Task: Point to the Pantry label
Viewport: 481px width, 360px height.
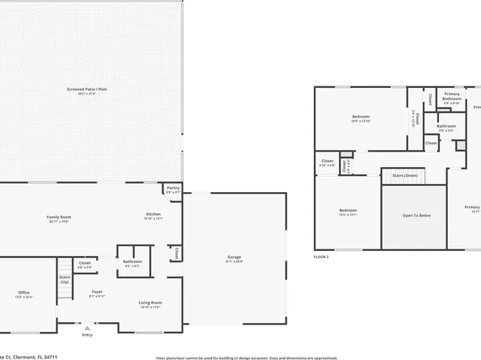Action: pos(173,190)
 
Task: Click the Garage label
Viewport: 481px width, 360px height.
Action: pos(234,258)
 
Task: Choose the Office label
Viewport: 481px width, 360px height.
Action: pos(24,292)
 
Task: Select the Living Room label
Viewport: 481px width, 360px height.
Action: pos(151,303)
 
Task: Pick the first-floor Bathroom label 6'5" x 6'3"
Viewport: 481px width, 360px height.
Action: pos(132,262)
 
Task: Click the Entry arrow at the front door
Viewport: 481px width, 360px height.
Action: pos(87,328)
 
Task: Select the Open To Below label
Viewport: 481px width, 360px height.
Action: pos(413,216)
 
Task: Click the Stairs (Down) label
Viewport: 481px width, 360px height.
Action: pos(404,174)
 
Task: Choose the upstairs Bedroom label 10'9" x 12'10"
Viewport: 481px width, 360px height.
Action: pos(361,118)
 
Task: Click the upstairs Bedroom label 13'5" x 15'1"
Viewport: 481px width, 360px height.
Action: pos(348,211)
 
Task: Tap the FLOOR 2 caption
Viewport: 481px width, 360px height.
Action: pos(322,257)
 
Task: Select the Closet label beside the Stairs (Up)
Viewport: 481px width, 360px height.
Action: pos(84,263)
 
